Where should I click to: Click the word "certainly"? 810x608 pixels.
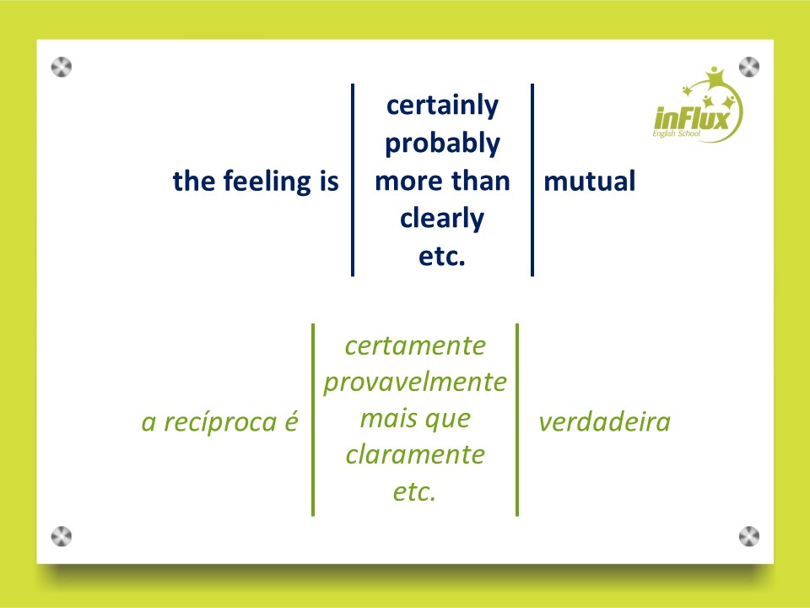tap(442, 106)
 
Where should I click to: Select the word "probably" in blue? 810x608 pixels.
tap(442, 144)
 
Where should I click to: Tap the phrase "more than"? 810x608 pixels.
tap(442, 182)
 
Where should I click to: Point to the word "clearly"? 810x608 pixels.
tap(442, 219)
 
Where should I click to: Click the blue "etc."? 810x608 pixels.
tap(442, 257)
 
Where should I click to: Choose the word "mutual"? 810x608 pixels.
tap(590, 182)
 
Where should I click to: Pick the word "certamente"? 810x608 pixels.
tap(415, 346)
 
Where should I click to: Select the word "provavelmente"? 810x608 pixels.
tap(415, 383)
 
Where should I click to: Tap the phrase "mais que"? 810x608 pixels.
tap(415, 420)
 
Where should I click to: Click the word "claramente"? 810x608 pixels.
tap(415, 455)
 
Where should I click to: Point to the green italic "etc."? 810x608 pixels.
tap(414, 492)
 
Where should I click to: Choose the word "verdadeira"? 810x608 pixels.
tap(604, 422)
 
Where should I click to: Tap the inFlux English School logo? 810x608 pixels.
tap(698, 105)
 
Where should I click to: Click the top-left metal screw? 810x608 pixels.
tap(62, 68)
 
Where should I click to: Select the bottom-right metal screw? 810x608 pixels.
tap(749, 537)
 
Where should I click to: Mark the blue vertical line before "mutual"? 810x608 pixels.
tap(532, 180)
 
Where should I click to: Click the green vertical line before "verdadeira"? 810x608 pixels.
tap(517, 420)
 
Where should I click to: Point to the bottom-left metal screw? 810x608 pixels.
tap(62, 537)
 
